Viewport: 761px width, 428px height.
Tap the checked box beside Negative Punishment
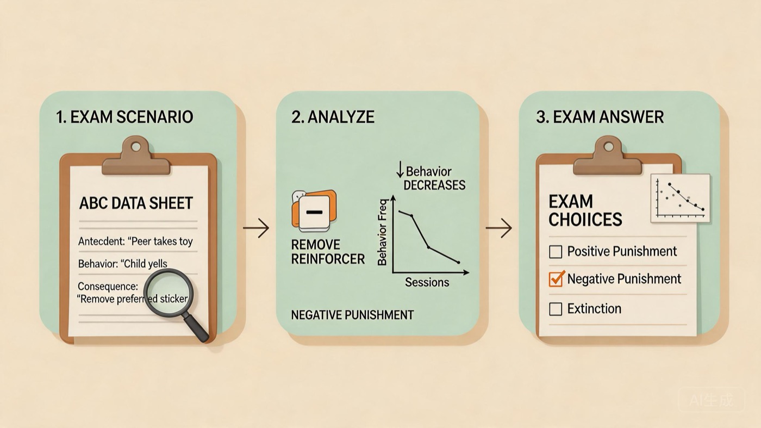[556, 279]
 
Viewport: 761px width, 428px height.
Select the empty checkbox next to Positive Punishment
[556, 252]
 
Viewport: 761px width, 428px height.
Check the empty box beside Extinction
[556, 309]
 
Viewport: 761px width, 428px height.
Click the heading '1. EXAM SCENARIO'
[124, 117]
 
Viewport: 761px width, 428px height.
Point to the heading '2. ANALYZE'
[333, 117]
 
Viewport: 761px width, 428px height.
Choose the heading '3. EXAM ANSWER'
[600, 117]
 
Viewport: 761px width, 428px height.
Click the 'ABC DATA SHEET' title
[136, 203]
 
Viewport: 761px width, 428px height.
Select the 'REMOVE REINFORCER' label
[328, 252]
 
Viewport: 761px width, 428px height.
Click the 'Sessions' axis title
[427, 282]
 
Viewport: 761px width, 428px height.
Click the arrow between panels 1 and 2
[256, 228]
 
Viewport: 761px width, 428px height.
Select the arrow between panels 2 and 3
[498, 228]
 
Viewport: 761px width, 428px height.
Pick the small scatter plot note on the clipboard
[680, 198]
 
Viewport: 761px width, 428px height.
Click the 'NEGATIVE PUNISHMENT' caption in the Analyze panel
[352, 315]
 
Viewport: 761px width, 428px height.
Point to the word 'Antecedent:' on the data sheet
[100, 241]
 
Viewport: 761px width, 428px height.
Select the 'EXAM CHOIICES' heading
[585, 210]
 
